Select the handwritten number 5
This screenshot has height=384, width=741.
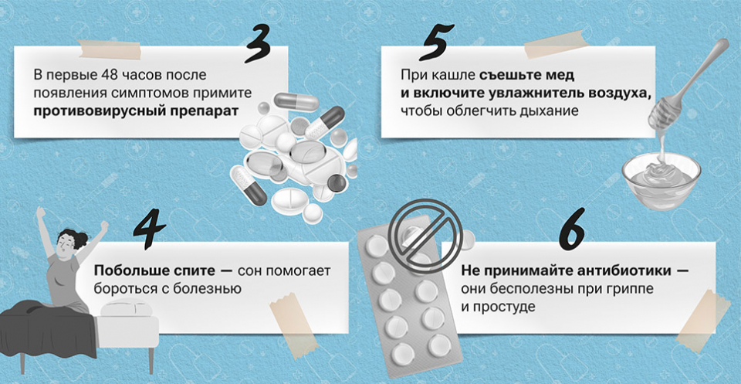[435, 42]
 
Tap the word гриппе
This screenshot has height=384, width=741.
[631, 290]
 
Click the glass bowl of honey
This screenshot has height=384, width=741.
[661, 180]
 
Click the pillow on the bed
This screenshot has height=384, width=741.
[126, 309]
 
